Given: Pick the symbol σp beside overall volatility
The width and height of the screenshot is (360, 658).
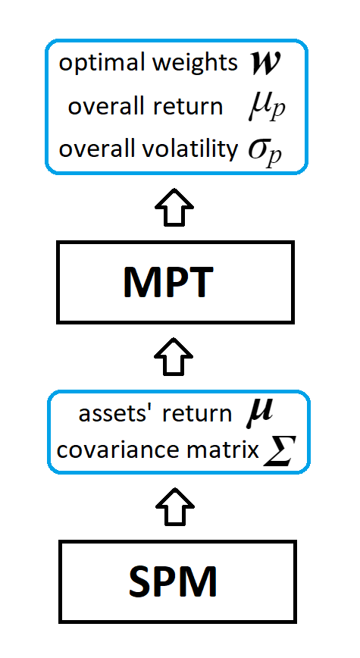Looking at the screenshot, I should pos(265,149).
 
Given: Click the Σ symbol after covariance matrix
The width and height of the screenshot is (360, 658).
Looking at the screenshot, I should pos(277,451).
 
